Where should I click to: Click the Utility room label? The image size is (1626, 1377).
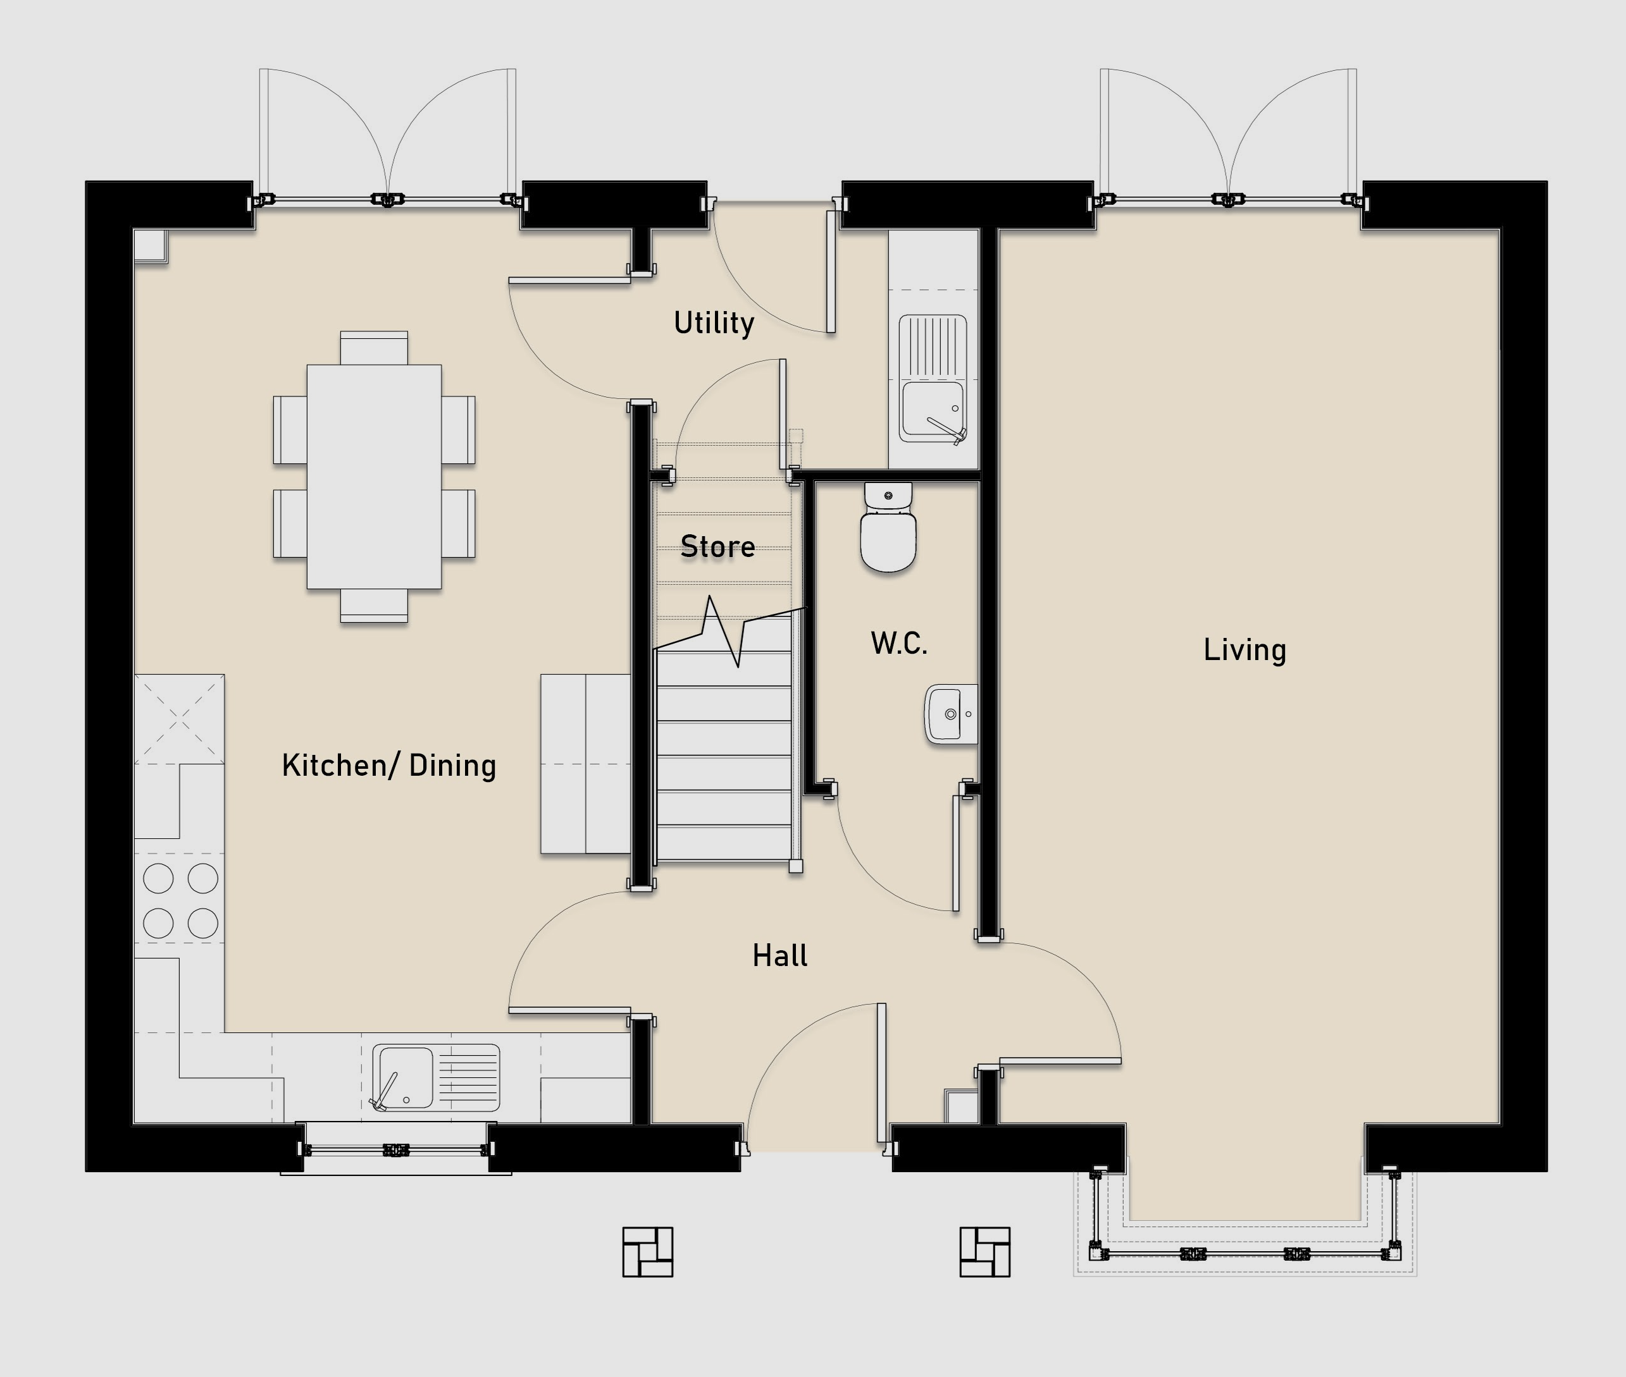714,322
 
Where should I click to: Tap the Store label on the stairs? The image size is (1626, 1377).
717,546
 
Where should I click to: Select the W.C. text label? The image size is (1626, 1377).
899,643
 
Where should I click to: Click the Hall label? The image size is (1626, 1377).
779,955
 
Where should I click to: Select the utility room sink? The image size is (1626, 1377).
933,379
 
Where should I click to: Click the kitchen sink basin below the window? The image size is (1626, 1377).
436,1078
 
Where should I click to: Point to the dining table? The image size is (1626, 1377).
374,476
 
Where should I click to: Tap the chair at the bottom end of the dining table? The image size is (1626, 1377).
374,606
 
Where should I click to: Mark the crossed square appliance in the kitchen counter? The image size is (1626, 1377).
180,719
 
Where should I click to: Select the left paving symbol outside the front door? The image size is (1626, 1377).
647,1252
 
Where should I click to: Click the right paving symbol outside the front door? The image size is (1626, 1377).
985,1252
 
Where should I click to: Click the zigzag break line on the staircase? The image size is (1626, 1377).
729,631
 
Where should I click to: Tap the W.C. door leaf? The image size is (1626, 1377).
956,854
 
